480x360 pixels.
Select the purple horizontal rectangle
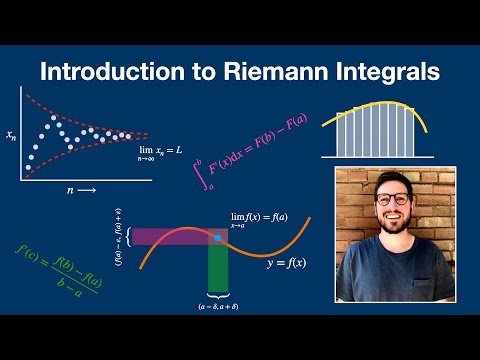pyautogui.click(x=170, y=237)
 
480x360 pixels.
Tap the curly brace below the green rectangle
pyautogui.click(x=218, y=297)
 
